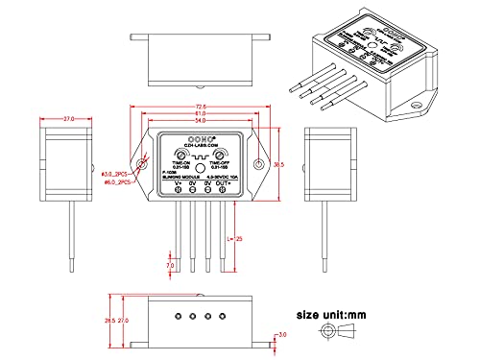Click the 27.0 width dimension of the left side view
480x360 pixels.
tap(68, 119)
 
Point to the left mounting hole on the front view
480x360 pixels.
tap(143, 165)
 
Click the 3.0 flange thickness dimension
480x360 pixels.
tap(281, 334)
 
